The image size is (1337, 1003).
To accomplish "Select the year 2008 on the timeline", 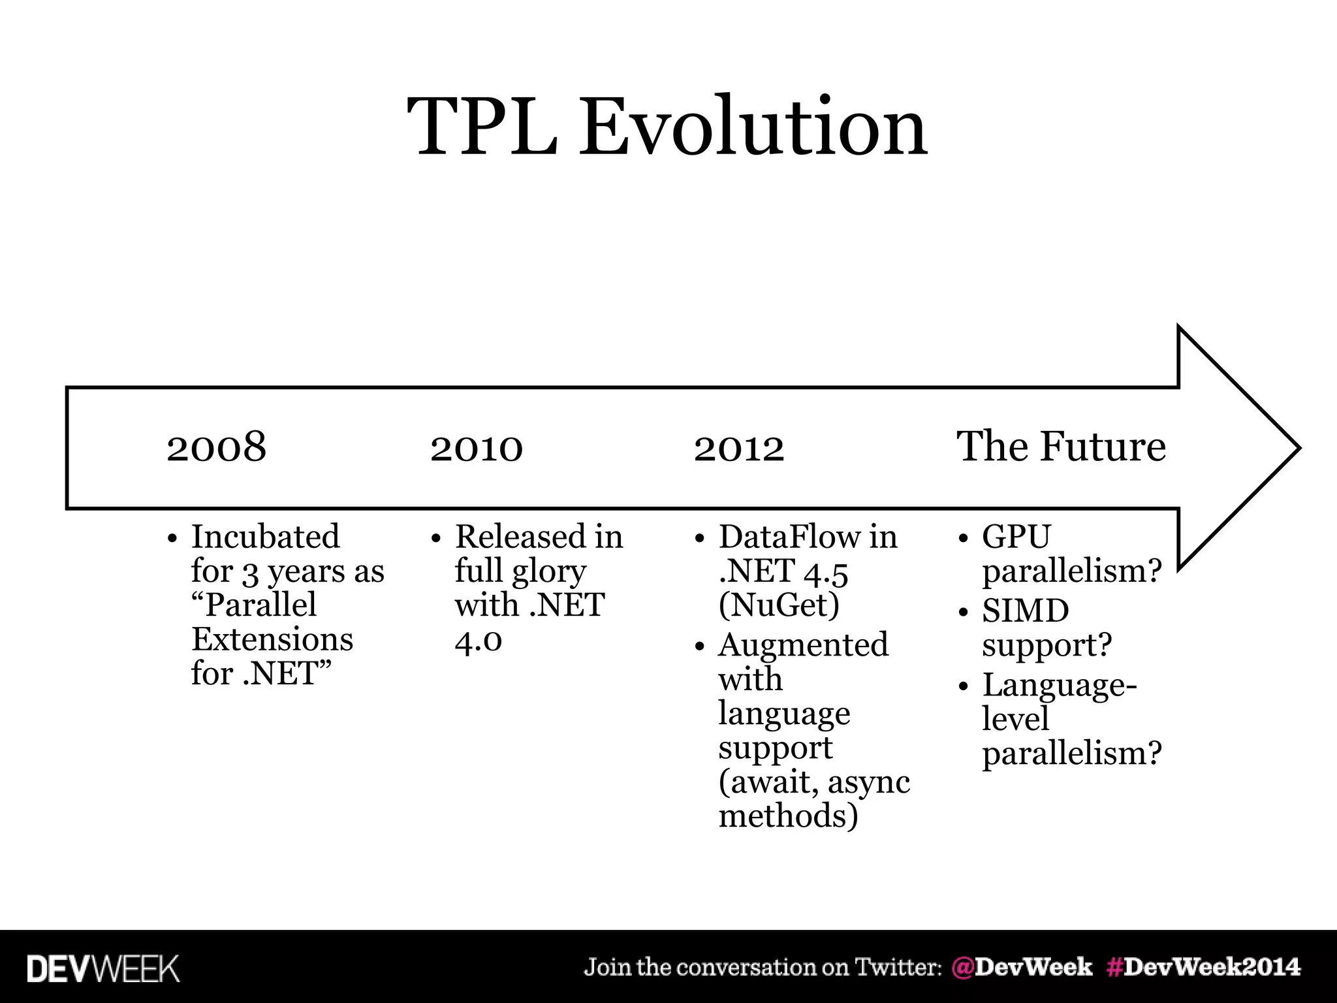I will (x=216, y=447).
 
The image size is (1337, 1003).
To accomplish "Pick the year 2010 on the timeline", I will (x=476, y=447).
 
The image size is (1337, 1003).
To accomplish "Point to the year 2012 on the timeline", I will (x=738, y=447).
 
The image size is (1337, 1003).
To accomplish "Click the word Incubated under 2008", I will (x=265, y=537).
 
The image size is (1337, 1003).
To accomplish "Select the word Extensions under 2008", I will (x=272, y=639).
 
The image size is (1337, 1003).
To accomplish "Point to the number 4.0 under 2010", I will (x=478, y=640).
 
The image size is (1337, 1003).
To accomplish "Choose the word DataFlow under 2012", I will (x=788, y=537).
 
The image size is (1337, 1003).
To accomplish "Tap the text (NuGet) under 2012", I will (x=778, y=605).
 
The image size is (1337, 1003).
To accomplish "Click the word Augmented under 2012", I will (x=803, y=645).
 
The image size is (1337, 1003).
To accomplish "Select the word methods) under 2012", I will (x=788, y=816).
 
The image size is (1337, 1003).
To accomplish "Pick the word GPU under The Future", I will (x=1016, y=537).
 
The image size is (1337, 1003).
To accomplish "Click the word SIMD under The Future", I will (x=1025, y=611).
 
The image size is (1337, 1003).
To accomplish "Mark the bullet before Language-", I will (x=963, y=687).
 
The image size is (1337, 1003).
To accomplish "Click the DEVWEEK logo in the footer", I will (x=102, y=968).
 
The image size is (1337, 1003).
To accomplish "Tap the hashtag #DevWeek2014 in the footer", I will (x=1203, y=967).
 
